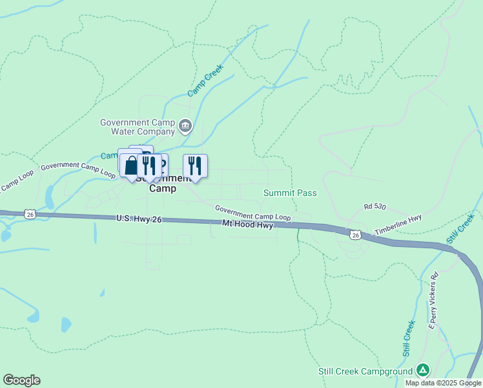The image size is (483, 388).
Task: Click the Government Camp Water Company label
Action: tap(138, 127)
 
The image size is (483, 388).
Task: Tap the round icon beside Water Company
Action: tap(186, 125)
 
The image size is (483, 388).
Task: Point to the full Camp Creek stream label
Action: tap(205, 81)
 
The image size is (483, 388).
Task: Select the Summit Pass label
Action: tap(290, 193)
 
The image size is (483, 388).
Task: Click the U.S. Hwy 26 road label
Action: tap(139, 220)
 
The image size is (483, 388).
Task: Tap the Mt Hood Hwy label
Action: tap(248, 224)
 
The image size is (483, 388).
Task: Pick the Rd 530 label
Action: tap(375, 206)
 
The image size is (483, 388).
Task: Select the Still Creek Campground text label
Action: tap(365, 371)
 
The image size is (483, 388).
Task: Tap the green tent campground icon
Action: tap(422, 370)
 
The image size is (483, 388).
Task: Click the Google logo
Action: tap(21, 380)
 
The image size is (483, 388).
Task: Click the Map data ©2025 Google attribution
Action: tap(443, 383)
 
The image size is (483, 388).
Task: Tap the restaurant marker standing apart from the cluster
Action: tap(195, 166)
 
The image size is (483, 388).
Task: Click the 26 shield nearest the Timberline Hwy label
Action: tap(356, 235)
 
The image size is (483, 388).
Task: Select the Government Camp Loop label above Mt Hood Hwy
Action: tap(252, 213)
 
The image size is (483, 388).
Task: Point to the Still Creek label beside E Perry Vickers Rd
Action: tap(409, 339)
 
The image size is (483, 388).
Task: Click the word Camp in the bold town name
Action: tap(162, 189)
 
